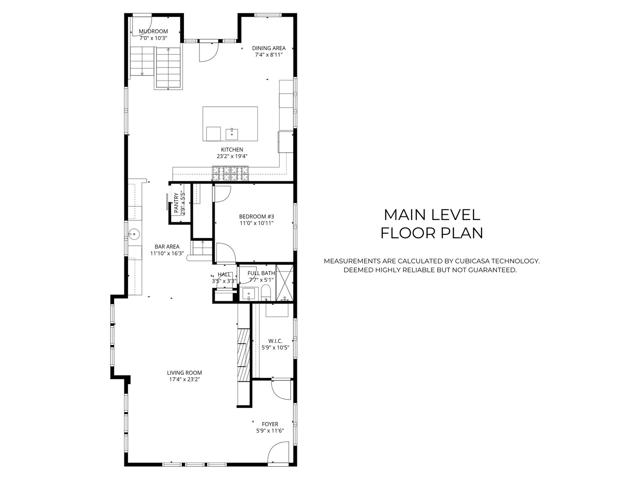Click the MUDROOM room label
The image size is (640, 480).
coord(153,31)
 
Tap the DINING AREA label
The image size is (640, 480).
coord(268,48)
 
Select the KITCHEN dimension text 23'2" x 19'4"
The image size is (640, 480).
coord(232,156)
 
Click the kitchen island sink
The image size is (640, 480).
coord(232,134)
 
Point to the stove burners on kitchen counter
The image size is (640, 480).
coord(230,173)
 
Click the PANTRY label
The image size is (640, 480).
coord(176,203)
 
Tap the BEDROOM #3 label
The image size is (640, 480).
coord(256,216)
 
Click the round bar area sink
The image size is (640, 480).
coord(134,233)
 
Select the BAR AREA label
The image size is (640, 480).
coord(167,247)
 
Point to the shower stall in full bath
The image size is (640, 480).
coord(284,283)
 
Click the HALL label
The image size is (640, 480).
coord(224,275)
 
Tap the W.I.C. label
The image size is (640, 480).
coord(275,341)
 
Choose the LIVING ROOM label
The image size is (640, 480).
coord(184,372)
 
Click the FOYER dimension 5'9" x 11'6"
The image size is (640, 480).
coord(270,431)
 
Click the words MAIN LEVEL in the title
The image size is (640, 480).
coord(432,215)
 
